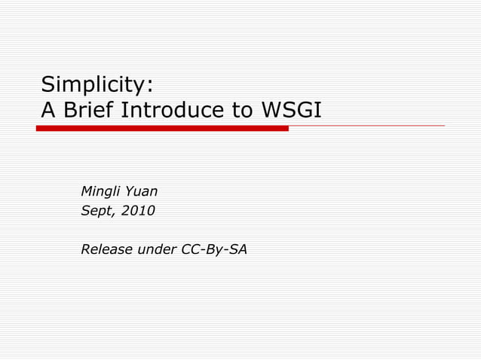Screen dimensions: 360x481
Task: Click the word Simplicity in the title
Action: pos(97,83)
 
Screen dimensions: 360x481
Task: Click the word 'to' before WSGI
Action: pos(242,111)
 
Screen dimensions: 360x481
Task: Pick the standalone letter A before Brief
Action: pos(47,111)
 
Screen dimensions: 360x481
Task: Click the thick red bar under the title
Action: pos(162,129)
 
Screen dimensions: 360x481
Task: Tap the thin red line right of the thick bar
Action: pos(366,126)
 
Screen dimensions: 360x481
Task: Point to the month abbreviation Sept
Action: pos(96,211)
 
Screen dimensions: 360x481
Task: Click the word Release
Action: pos(106,249)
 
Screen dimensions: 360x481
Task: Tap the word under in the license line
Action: pos(157,249)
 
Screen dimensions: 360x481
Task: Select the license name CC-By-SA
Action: pos(214,249)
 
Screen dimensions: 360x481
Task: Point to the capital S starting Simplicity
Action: pos(47,83)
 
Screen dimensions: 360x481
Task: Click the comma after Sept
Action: pos(113,214)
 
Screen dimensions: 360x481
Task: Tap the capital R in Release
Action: pos(85,249)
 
